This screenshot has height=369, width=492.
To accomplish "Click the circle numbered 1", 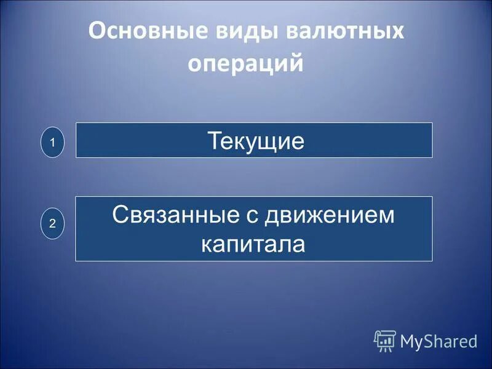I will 53,143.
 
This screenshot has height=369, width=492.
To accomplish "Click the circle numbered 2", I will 53,224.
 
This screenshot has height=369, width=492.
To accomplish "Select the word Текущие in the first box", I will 255,142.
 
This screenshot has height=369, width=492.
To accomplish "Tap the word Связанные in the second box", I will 175,216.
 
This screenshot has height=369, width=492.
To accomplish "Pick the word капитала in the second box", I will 253,244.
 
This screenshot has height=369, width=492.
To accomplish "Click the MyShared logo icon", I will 384,340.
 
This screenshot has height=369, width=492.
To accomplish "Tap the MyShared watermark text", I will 438,341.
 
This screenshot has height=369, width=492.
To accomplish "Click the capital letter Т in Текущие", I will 213,142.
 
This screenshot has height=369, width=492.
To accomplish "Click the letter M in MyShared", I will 408,341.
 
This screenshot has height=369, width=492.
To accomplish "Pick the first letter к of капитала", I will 207,245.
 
